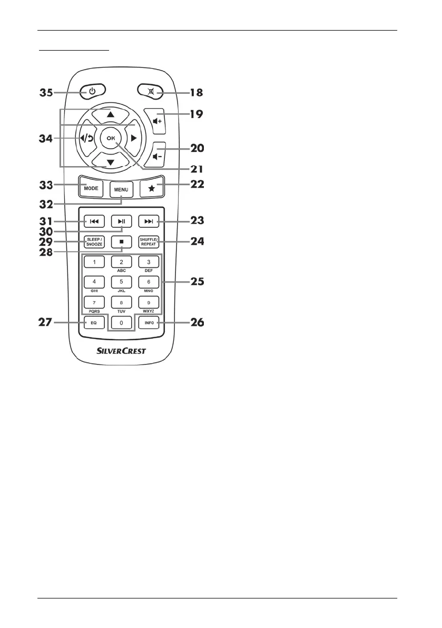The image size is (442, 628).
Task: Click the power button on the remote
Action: click(x=92, y=92)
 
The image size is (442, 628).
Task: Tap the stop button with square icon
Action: click(x=121, y=242)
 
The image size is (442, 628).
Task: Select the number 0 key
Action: click(x=121, y=323)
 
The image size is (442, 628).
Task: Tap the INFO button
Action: click(x=149, y=322)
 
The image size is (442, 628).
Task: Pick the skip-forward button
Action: click(x=149, y=220)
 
